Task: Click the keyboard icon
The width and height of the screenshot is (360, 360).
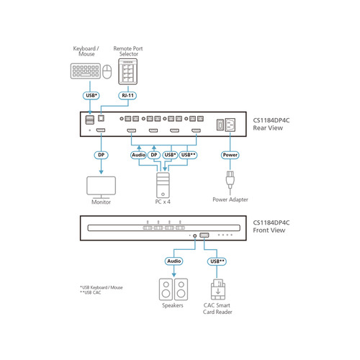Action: click(84, 71)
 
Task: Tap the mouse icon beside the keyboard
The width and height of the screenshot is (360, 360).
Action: click(107, 71)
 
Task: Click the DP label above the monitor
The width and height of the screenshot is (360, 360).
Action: click(101, 154)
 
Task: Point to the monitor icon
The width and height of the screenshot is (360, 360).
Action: click(101, 185)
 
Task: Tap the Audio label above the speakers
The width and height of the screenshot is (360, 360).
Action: click(174, 261)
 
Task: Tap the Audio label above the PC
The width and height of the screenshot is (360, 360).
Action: click(138, 154)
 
